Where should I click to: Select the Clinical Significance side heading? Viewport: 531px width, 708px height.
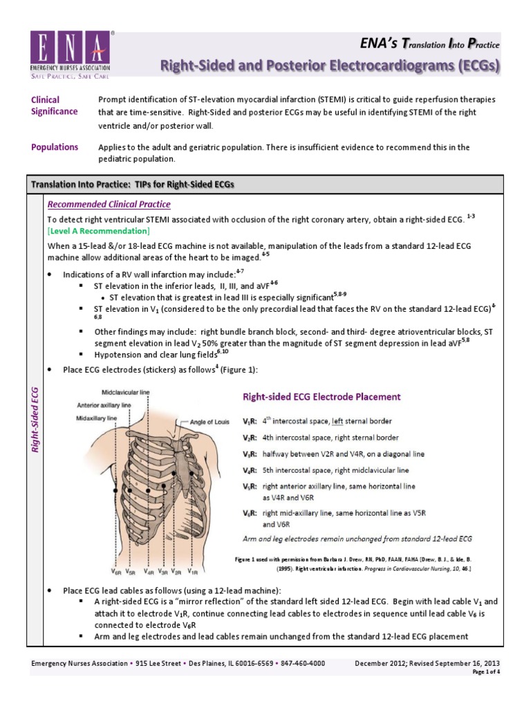55,105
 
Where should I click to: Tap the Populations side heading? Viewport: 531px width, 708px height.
55,147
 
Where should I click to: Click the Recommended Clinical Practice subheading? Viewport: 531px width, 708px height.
108,205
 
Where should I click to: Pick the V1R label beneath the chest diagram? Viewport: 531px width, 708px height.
193,572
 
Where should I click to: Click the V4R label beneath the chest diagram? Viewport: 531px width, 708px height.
149,572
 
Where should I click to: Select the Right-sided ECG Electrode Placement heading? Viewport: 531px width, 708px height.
321,397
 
